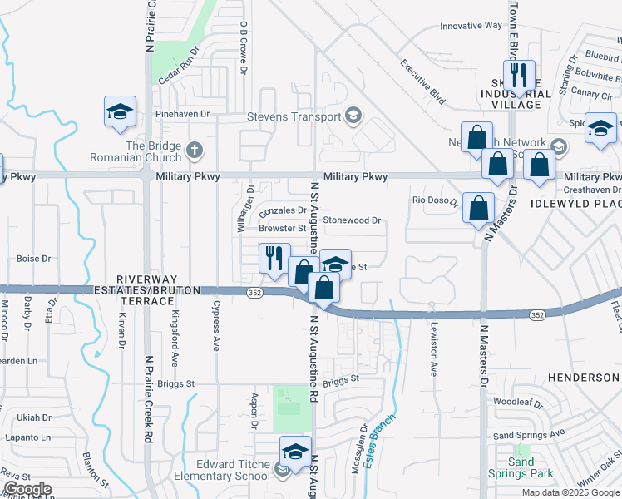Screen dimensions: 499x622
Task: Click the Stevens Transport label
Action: coord(294,117)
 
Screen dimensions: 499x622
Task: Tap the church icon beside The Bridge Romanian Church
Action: coord(195,151)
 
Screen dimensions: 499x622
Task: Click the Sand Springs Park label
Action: coord(521,467)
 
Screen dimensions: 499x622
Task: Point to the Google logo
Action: coord(27,490)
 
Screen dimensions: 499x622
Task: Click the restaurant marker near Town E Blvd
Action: coord(519,76)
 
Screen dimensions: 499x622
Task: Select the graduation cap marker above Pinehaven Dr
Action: coord(120,111)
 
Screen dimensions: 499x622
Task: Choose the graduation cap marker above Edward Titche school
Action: coord(295,452)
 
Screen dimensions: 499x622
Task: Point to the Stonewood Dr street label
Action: coord(352,220)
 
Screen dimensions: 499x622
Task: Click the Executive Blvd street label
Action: coord(423,83)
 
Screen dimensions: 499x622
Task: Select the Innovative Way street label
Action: coord(471,26)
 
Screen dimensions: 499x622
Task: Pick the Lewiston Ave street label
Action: coord(433,350)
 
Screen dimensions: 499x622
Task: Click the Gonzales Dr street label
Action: coord(284,210)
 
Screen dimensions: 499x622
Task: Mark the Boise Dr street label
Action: coord(34,259)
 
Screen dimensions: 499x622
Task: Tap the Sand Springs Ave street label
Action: coord(529,433)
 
